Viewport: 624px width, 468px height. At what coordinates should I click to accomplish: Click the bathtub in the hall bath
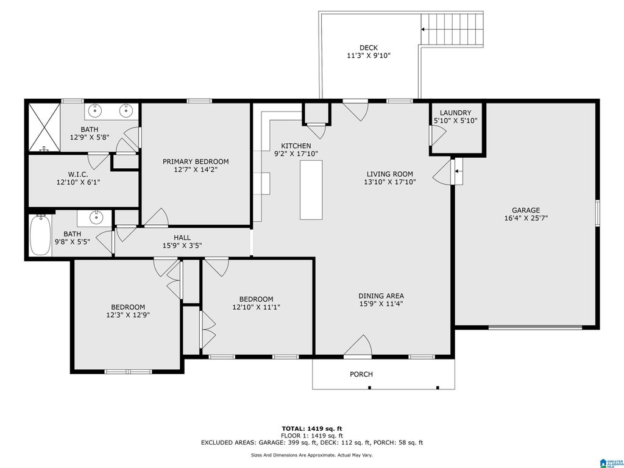click(41, 235)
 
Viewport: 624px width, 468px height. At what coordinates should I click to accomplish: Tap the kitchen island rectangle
click(311, 190)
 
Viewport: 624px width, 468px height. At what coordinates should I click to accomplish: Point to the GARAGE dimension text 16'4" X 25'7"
click(526, 218)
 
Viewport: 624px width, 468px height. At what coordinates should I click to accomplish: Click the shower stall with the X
click(44, 127)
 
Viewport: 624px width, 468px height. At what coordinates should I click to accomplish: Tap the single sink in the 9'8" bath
click(95, 218)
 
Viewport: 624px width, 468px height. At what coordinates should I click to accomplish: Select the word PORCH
click(361, 374)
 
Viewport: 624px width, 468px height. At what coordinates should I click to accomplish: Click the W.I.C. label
click(78, 174)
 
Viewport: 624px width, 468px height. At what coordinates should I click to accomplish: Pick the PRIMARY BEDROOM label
click(196, 161)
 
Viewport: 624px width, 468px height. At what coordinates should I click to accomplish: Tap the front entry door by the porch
click(358, 345)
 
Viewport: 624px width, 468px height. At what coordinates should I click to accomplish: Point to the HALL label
click(182, 238)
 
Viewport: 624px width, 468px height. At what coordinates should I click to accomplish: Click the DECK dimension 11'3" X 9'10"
click(369, 55)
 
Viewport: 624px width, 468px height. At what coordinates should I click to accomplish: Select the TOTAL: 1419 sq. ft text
click(312, 428)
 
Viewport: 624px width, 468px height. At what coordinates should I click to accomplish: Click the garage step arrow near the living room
click(458, 171)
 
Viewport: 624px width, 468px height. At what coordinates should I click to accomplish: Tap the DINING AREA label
click(381, 296)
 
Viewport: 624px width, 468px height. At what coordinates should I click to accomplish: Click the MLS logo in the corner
click(611, 463)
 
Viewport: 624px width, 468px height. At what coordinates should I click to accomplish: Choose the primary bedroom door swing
click(156, 218)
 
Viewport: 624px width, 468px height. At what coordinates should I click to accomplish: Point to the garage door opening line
click(535, 327)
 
